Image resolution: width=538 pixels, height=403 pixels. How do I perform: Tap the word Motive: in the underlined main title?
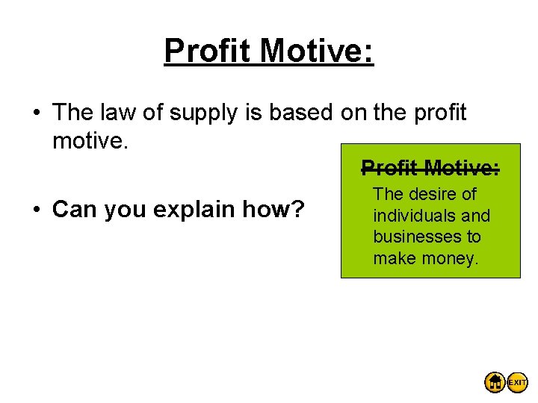(x=316, y=51)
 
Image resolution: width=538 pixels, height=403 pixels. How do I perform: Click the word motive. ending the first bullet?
(x=92, y=139)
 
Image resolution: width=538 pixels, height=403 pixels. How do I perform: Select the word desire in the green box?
(x=433, y=194)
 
